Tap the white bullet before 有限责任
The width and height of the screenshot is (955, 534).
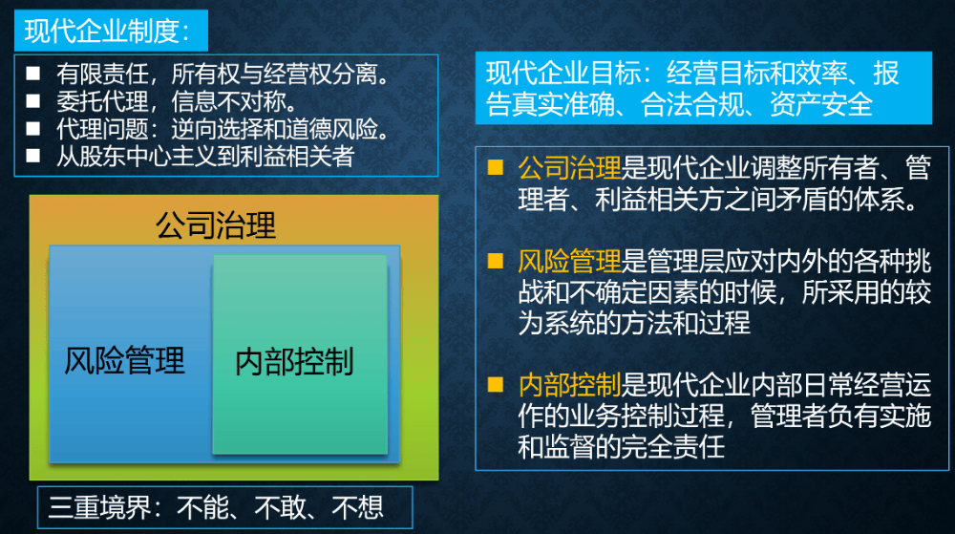pyautogui.click(x=33, y=74)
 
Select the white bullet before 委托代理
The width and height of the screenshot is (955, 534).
pyautogui.click(x=33, y=101)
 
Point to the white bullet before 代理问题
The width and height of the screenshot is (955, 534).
pyautogui.click(x=33, y=128)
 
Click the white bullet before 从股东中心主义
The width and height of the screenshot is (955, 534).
pyautogui.click(x=33, y=156)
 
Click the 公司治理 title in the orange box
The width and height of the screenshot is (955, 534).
pyautogui.click(x=216, y=225)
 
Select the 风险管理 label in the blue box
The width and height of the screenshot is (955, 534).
pyautogui.click(x=125, y=360)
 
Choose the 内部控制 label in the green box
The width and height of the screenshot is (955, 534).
pyautogui.click(x=295, y=362)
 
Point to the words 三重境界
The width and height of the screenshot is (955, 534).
pyautogui.click(x=100, y=507)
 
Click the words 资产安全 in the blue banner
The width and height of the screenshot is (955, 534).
pyautogui.click(x=821, y=104)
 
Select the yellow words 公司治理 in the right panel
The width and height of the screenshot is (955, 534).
pyautogui.click(x=569, y=167)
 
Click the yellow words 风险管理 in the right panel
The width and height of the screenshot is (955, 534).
pyautogui.click(x=569, y=261)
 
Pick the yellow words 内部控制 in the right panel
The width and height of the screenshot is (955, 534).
pyautogui.click(x=569, y=385)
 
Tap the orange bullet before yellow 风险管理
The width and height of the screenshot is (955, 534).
pyautogui.click(x=496, y=261)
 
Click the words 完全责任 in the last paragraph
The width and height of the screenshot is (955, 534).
pyautogui.click(x=673, y=447)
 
